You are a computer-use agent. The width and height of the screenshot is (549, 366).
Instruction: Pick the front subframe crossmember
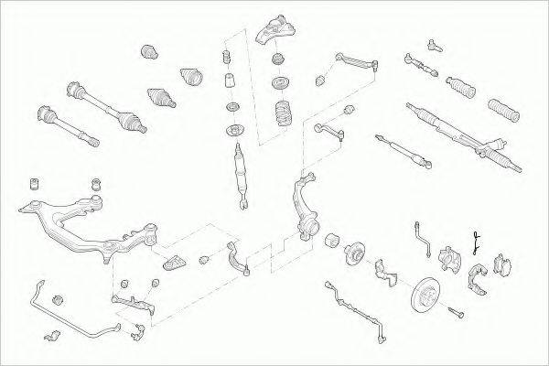click(78, 220)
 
